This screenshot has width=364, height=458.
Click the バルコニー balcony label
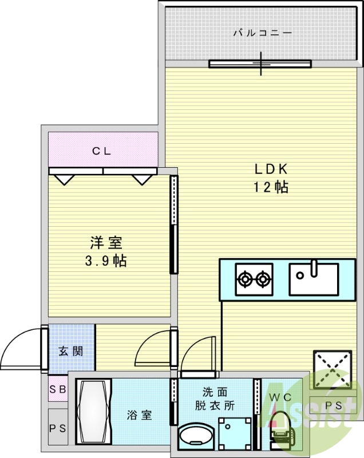pyautogui.click(x=262, y=33)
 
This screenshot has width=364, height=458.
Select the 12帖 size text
pyautogui.click(x=270, y=187)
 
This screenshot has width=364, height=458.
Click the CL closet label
pyautogui.click(x=102, y=151)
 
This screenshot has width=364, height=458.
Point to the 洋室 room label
pyautogui.click(x=106, y=243)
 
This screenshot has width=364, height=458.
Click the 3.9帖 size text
pyautogui.click(x=106, y=261)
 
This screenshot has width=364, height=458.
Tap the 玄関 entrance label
pyautogui.click(x=70, y=350)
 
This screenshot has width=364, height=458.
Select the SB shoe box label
pyautogui.click(x=57, y=390)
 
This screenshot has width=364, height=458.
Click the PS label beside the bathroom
pyautogui.click(x=57, y=428)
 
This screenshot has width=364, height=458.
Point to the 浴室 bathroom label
pyautogui.click(x=139, y=415)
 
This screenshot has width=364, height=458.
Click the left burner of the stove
pyautogui.click(x=245, y=279)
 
